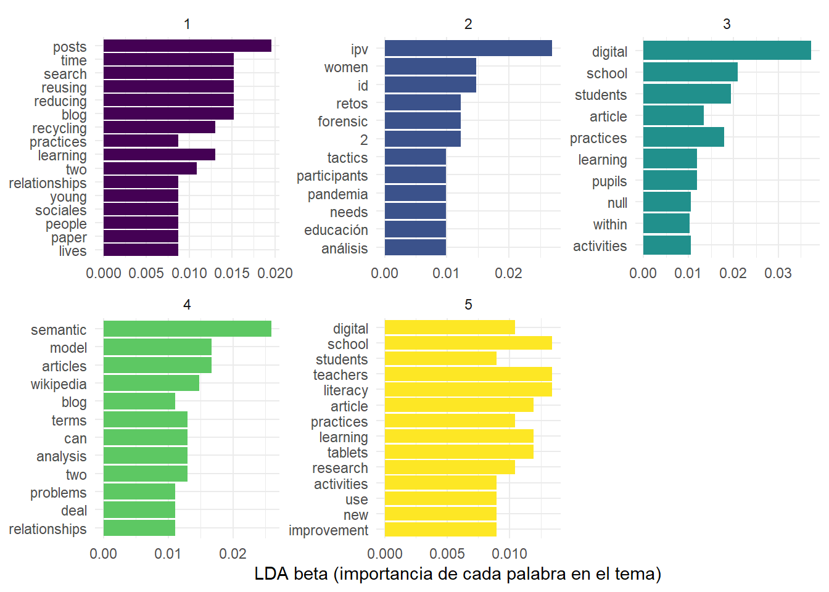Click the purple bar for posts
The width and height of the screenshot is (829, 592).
187,46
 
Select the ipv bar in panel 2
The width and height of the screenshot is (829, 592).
468,48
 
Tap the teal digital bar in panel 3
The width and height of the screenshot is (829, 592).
727,51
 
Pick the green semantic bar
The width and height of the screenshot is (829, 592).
187,329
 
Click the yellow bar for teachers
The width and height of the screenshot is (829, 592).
468,374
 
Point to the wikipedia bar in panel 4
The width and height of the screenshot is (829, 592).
151,383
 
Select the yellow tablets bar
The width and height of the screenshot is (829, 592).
458,452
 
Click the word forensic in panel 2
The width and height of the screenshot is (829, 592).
342,121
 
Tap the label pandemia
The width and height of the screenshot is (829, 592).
337,194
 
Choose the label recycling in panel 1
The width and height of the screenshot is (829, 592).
59,128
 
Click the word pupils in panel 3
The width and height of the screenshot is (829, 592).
609,181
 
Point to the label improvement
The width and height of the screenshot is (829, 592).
328,530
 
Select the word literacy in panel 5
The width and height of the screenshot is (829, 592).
345,390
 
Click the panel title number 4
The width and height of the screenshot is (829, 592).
187,305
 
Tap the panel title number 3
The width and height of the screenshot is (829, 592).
727,24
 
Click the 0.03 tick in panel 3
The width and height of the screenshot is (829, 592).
778,273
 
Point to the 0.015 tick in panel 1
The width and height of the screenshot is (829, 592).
232,273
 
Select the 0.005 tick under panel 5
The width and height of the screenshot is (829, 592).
447,554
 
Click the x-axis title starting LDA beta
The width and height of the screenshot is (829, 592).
458,574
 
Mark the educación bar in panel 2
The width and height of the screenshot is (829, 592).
415,229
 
